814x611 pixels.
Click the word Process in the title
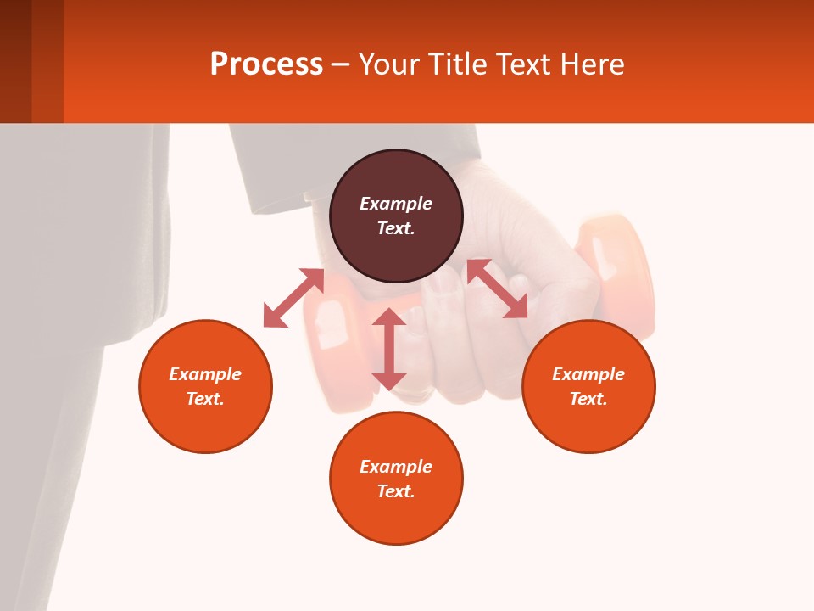[x=266, y=64]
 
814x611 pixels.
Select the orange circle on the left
[x=205, y=424]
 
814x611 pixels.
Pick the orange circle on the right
[x=588, y=424]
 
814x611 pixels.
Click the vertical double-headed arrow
[x=389, y=349]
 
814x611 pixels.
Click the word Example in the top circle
[x=396, y=204]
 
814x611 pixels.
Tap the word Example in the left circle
[x=205, y=374]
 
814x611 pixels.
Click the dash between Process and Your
[x=340, y=65]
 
